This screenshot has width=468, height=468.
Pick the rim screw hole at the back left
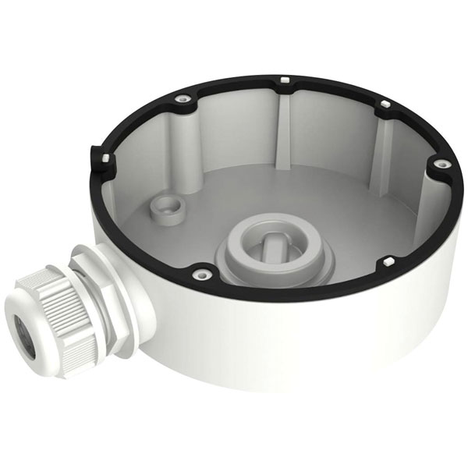[x=182, y=98]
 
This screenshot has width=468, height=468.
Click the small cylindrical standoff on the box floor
[x=166, y=207]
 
